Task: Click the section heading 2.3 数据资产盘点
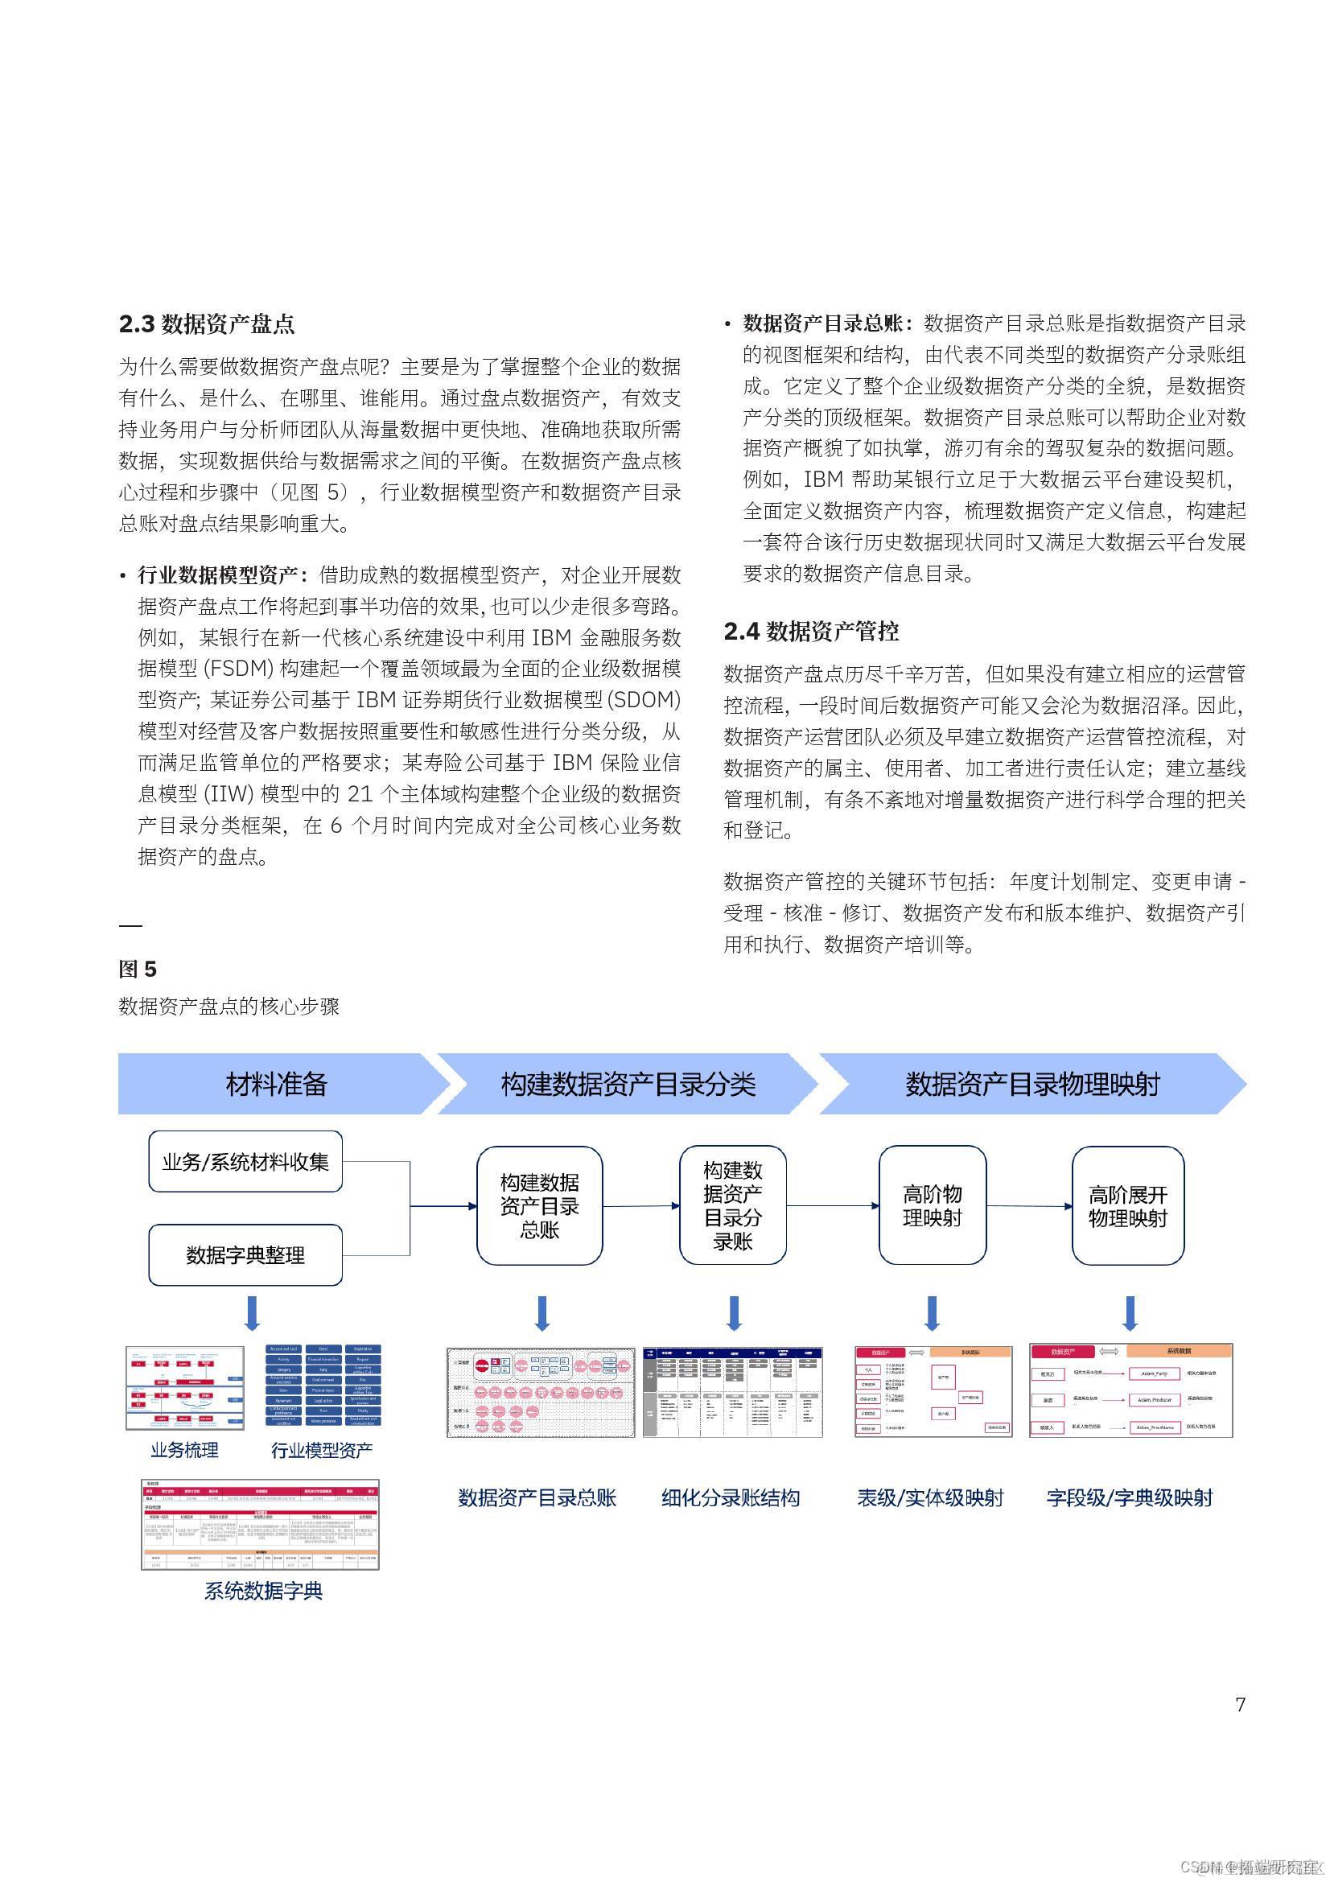click(x=207, y=323)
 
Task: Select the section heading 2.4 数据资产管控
click(x=811, y=631)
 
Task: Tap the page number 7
click(x=1240, y=1704)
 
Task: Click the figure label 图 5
click(x=137, y=969)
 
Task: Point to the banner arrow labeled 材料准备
click(x=276, y=1084)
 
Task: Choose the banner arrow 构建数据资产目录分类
click(x=628, y=1084)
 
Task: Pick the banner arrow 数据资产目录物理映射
click(x=1031, y=1084)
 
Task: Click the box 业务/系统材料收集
click(x=245, y=1162)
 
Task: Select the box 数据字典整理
click(x=245, y=1255)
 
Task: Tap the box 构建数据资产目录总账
click(x=539, y=1205)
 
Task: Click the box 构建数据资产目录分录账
click(x=733, y=1205)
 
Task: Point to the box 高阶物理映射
click(x=932, y=1205)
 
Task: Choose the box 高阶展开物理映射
click(x=1127, y=1206)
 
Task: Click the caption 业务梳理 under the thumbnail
click(x=184, y=1450)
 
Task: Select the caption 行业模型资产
click(x=321, y=1450)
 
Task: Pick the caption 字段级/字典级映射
click(x=1129, y=1497)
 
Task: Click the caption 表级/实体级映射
click(x=930, y=1497)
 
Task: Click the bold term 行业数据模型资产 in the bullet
click(x=221, y=575)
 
